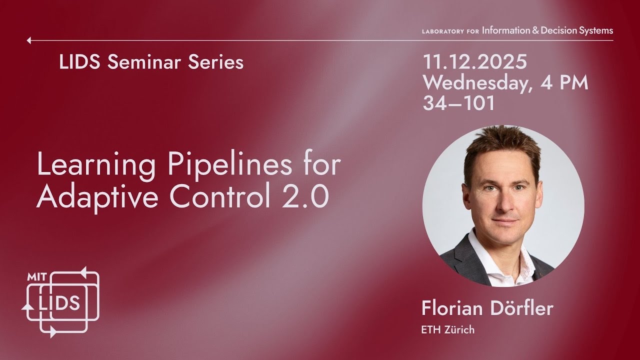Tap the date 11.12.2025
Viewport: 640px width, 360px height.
pyautogui.click(x=475, y=62)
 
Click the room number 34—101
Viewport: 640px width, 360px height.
pyautogui.click(x=458, y=103)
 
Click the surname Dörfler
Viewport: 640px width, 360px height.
pyautogui.click(x=520, y=308)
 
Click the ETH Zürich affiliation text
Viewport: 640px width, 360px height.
pyautogui.click(x=448, y=329)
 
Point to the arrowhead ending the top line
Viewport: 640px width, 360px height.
pyautogui.click(x=29, y=40)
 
